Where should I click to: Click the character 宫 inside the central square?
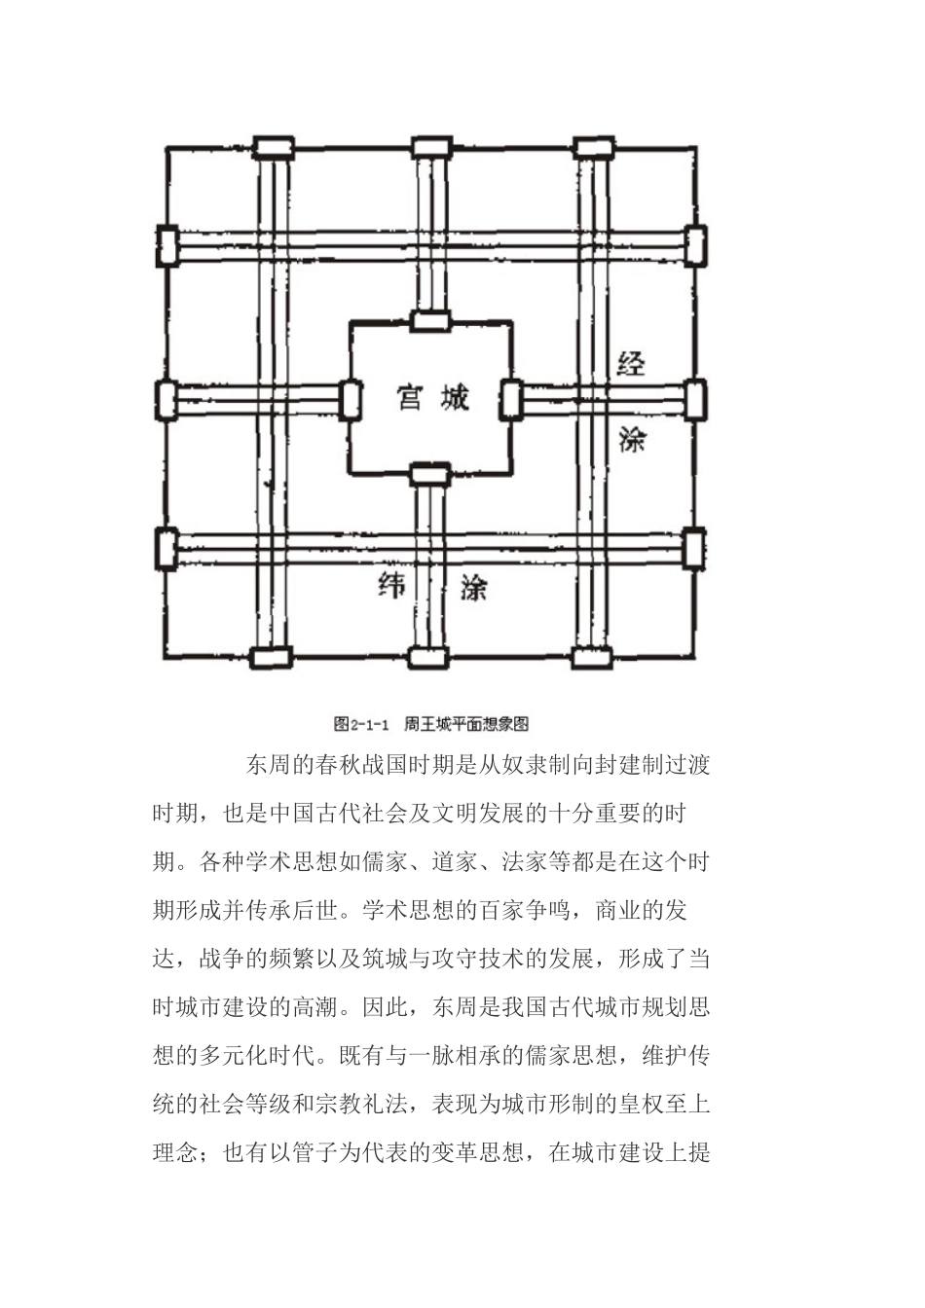pos(408,398)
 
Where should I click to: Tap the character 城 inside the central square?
pos(455,398)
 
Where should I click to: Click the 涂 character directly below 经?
pos(632,440)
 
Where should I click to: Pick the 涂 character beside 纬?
pos(473,587)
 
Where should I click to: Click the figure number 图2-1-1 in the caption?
pos(361,724)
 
